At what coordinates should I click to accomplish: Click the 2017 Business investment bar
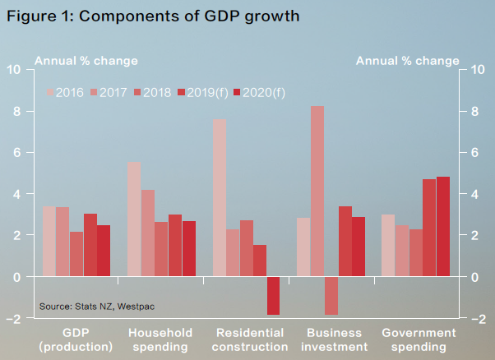317,192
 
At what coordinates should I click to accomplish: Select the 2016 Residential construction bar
220,198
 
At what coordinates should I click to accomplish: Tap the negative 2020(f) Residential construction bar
273,296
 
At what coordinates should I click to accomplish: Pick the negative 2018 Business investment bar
331,296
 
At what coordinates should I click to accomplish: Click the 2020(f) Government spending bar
443,227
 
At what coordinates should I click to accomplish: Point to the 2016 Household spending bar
134,219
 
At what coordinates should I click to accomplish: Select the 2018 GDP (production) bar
76,254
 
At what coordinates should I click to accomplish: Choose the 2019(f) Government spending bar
429,228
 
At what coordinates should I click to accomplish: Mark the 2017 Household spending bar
148,233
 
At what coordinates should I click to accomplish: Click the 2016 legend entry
65,92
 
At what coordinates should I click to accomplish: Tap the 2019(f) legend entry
203,92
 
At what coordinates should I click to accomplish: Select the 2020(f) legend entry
259,92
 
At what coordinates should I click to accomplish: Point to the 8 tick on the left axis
17,112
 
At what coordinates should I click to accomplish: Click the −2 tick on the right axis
479,319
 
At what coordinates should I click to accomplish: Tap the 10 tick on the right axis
478,69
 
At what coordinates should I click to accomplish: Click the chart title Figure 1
153,16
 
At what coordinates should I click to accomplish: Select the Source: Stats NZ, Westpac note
97,307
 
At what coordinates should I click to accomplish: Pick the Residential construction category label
250,339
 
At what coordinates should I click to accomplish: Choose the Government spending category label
419,339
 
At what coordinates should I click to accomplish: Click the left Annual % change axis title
86,61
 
